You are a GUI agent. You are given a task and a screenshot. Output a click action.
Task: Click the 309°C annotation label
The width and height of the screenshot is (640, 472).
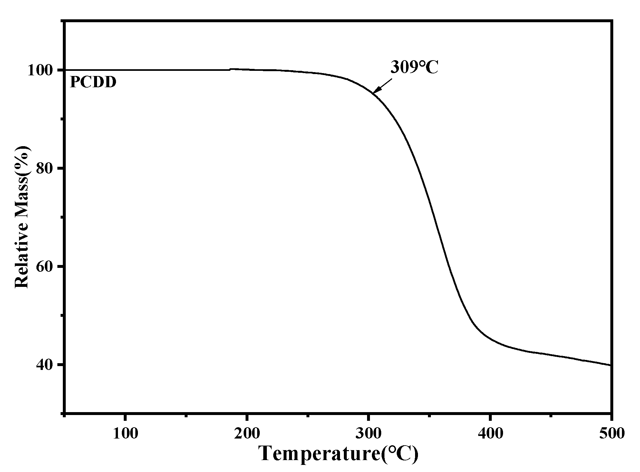coord(414,67)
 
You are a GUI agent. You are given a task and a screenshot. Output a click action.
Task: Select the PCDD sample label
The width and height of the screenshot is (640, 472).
coord(93,82)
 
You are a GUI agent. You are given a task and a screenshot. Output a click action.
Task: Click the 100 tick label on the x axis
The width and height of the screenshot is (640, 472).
coord(125,434)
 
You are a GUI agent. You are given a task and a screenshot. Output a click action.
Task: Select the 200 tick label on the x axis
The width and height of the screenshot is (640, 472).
coord(247,434)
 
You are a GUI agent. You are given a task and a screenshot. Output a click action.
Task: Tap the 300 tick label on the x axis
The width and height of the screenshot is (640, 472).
coord(368,434)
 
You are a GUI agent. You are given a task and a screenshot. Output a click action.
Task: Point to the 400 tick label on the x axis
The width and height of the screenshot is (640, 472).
coord(490,434)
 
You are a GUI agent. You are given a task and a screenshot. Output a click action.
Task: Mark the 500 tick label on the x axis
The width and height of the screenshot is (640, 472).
coord(611,434)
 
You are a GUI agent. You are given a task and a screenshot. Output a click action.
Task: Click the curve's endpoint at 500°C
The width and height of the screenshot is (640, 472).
coord(610,365)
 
